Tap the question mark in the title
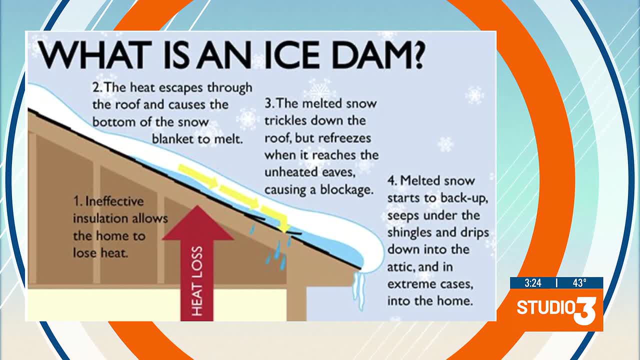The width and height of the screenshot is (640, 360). tap(417, 55)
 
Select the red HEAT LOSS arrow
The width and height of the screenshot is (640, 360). tap(197, 263)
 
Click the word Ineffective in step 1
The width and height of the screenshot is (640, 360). tap(114, 201)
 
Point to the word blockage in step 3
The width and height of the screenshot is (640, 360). tap(347, 189)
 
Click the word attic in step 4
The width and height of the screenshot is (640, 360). tap(400, 267)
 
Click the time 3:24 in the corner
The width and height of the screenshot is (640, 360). tap(533, 283)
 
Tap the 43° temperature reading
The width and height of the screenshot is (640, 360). tap(579, 283)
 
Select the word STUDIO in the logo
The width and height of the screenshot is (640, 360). tap(545, 307)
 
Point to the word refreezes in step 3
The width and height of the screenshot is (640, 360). tap(344, 138)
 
